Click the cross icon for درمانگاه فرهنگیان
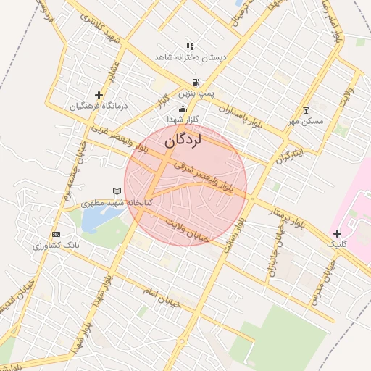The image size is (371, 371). [99, 95]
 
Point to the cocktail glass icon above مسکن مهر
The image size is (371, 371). [306, 110]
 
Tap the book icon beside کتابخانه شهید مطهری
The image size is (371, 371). [117, 191]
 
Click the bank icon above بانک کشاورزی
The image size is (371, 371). [56, 235]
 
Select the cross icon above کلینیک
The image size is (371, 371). [337, 233]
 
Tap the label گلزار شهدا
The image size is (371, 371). [183, 118]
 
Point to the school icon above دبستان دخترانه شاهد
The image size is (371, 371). [190, 46]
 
